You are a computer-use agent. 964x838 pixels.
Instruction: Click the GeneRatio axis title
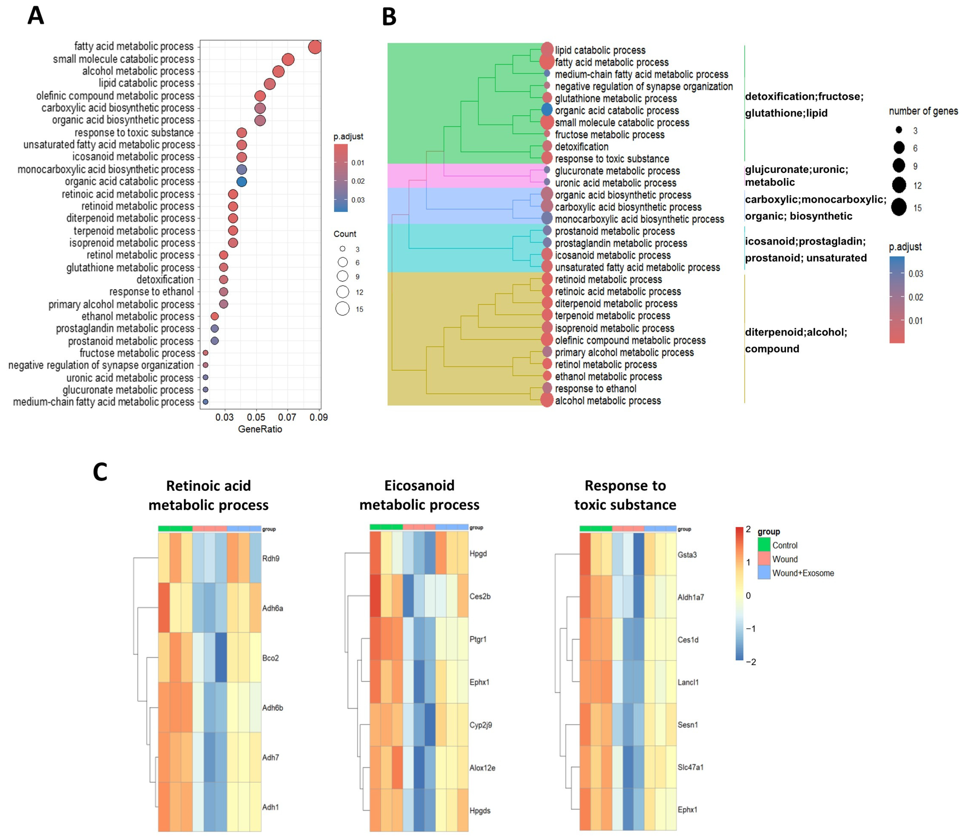[260, 429]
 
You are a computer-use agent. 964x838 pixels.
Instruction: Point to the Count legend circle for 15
[342, 309]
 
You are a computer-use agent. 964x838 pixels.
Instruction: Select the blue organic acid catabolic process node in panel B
[547, 110]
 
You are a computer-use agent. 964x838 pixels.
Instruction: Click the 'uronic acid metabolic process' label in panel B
[615, 183]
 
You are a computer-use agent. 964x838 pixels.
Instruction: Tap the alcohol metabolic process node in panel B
[547, 400]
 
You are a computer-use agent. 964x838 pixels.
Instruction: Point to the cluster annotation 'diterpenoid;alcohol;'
[796, 332]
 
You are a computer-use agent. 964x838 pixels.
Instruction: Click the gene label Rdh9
[271, 558]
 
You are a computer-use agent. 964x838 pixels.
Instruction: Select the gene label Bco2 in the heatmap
[270, 658]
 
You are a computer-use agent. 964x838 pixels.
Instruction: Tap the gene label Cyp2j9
[481, 725]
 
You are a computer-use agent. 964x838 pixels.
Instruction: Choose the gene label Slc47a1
[690, 767]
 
